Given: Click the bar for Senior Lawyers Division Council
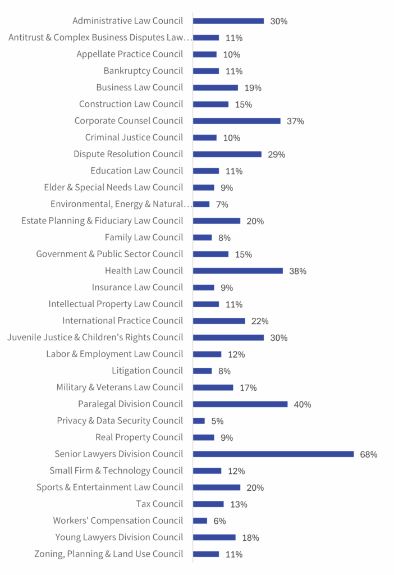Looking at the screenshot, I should click(273, 454).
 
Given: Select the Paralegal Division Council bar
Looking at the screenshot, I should click(240, 404).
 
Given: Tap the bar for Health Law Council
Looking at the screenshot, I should click(238, 271).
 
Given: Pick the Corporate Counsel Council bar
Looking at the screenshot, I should click(237, 121).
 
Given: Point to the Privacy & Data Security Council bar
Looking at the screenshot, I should click(199, 421).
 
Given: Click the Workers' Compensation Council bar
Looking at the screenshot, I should click(200, 521).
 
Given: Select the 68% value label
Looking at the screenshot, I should click(369, 454).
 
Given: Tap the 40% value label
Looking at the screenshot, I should click(303, 404).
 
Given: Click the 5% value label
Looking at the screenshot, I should click(217, 421).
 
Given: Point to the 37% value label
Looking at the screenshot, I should click(295, 121).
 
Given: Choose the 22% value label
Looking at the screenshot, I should click(260, 321).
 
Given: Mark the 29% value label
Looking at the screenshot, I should click(276, 154).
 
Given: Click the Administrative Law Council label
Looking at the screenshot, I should click(127, 21).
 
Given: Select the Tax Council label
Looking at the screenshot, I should click(159, 504).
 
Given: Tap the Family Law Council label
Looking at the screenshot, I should click(144, 237).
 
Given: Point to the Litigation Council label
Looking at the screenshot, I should click(147, 371).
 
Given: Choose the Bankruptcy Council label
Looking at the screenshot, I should click(143, 71).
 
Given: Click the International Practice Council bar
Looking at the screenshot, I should click(219, 321).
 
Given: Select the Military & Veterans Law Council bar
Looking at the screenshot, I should click(213, 387).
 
